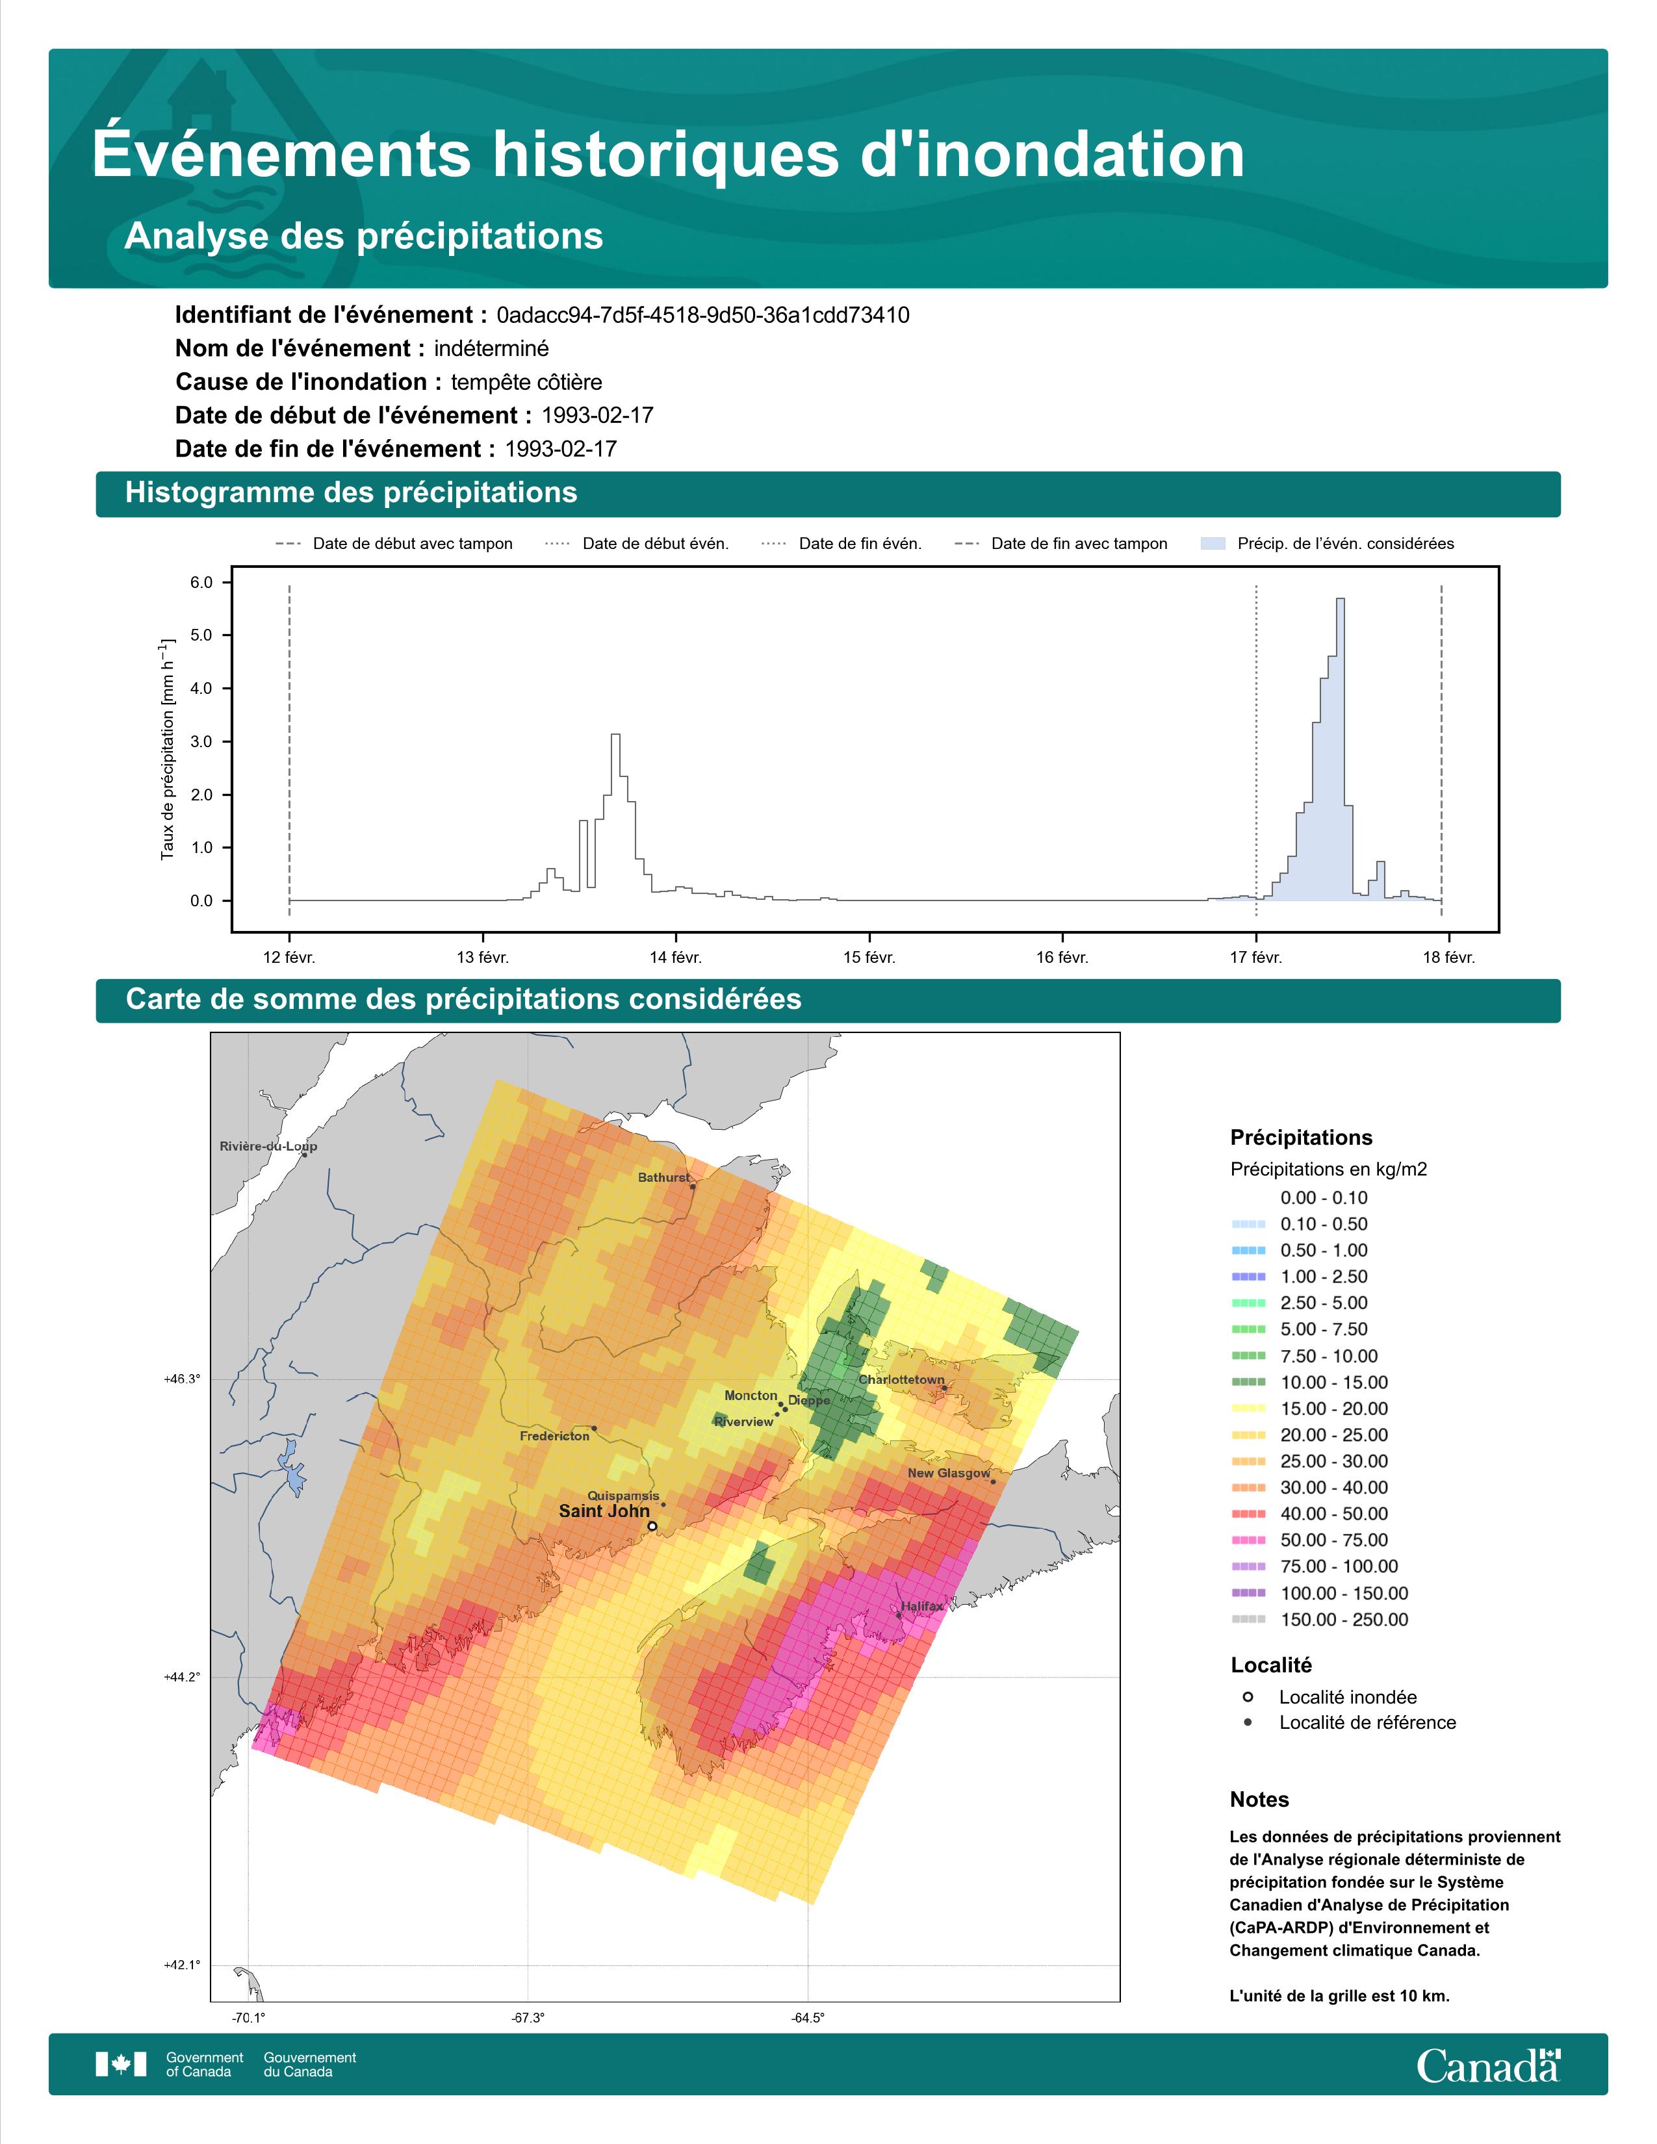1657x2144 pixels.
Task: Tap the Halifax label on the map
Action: (x=922, y=1606)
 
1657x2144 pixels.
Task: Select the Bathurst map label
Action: (x=663, y=1177)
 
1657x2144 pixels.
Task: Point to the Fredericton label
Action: (x=555, y=1436)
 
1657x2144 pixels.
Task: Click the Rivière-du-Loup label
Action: (x=268, y=1145)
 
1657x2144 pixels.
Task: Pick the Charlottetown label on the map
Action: (x=901, y=1379)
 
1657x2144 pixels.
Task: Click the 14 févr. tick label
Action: (x=675, y=957)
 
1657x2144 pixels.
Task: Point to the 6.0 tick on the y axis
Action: (x=201, y=582)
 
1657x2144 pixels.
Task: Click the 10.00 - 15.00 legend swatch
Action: (x=1248, y=1382)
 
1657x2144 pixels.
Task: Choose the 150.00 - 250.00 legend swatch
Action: (x=1248, y=1620)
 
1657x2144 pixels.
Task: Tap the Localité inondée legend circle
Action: (x=1248, y=1696)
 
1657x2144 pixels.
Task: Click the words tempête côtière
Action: (x=526, y=382)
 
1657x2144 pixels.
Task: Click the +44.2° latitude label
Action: (x=181, y=1677)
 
